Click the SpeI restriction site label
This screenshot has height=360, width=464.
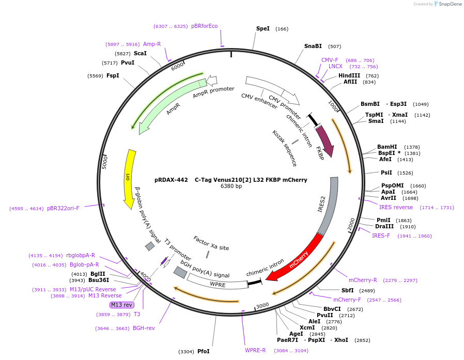[x=263, y=29]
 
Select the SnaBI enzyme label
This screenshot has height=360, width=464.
[x=313, y=46]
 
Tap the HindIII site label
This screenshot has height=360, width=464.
[x=349, y=75]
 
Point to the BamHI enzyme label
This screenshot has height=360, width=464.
[x=387, y=147]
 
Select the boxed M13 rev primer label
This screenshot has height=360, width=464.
[x=122, y=305]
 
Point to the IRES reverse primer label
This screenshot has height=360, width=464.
[x=396, y=207]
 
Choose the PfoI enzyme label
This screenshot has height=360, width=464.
[x=204, y=351]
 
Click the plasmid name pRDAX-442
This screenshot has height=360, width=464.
[x=171, y=180]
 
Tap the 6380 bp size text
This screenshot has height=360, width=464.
[x=231, y=186]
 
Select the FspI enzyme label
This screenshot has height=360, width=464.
[x=113, y=76]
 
